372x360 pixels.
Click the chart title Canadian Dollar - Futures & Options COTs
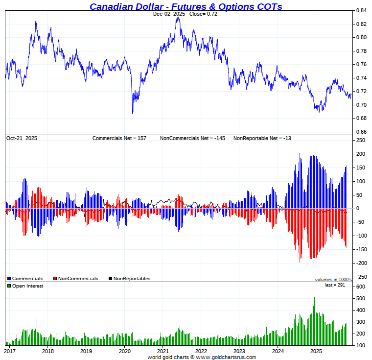coord(186,6)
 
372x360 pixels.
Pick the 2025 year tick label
coord(316,351)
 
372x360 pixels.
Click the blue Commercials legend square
coord(9,279)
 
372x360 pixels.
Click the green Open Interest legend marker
coord(9,286)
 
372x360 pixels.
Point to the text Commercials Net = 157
coord(119,139)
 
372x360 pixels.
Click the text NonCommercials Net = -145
coord(192,139)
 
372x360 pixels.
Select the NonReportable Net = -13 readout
coord(262,139)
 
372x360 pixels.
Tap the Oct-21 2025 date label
coord(22,139)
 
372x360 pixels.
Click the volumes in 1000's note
coord(333,280)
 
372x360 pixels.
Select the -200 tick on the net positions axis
coord(360,263)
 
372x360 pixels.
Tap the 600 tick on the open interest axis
coord(360,287)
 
